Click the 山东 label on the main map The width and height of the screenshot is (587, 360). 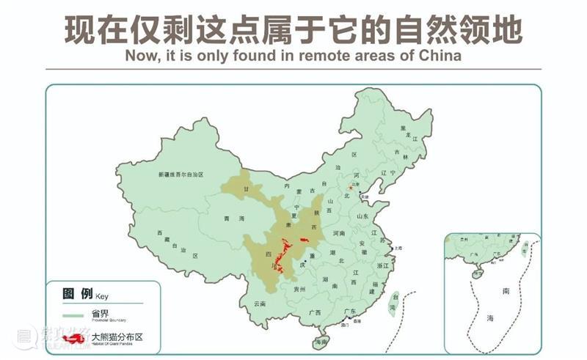pyautogui.click(x=362, y=216)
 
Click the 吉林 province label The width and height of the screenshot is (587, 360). pyautogui.click(x=400, y=155)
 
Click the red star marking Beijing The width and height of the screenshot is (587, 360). pyautogui.click(x=351, y=188)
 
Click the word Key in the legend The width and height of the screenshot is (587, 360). pyautogui.click(x=101, y=296)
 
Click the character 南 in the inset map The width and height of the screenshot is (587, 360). pyautogui.click(x=506, y=291)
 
